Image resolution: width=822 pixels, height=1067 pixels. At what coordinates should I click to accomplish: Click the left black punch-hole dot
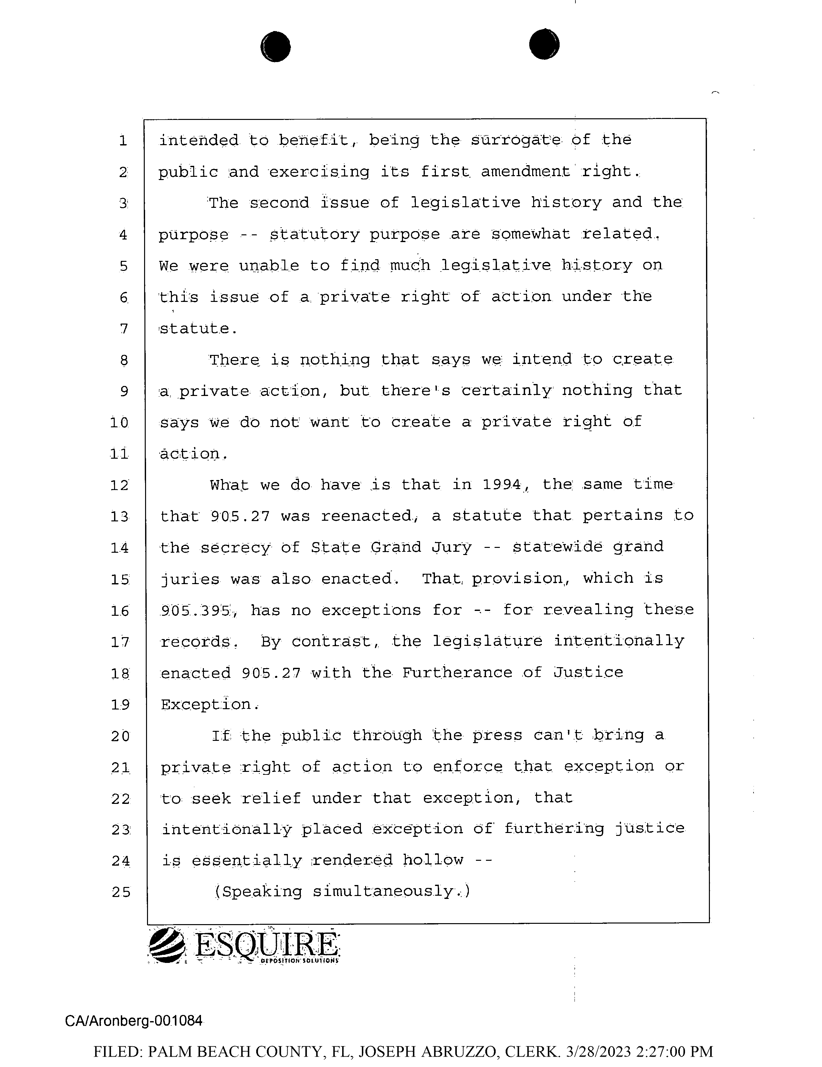[x=276, y=47]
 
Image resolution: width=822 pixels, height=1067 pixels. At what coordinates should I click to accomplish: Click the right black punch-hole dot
[x=544, y=45]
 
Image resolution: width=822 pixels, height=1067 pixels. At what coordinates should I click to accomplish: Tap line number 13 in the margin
[x=120, y=517]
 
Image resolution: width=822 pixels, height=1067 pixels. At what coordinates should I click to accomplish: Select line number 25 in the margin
[x=121, y=892]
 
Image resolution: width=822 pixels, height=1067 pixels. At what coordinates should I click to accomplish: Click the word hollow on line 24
[x=433, y=860]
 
